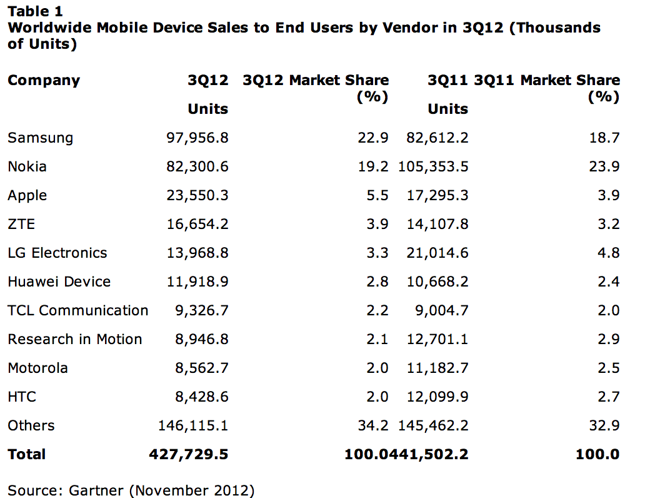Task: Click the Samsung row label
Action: pyautogui.click(x=40, y=138)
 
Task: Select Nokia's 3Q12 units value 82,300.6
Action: pyautogui.click(x=197, y=167)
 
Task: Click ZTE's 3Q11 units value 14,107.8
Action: pyautogui.click(x=437, y=225)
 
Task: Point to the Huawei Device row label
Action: pyautogui.click(x=59, y=282)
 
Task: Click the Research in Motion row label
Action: pyautogui.click(x=74, y=340)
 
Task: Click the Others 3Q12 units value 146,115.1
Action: pyautogui.click(x=193, y=426)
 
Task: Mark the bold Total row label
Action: pyautogui.click(x=26, y=455)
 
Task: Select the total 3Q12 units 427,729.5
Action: pyautogui.click(x=188, y=455)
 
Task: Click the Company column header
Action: pyautogui.click(x=44, y=81)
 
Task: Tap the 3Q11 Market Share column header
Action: pyautogui.click(x=547, y=81)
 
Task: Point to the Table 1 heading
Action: pyautogui.click(x=35, y=11)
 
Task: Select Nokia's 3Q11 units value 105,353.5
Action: pyautogui.click(x=433, y=167)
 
